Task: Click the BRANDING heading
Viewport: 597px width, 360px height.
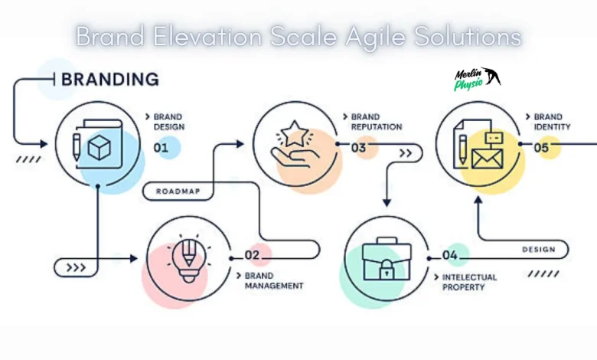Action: [x=109, y=79]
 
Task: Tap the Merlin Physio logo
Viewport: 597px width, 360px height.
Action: [x=476, y=79]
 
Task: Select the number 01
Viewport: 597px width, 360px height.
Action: [x=161, y=148]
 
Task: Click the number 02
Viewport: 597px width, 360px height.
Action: [x=253, y=255]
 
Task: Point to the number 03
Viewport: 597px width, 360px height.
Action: [x=358, y=148]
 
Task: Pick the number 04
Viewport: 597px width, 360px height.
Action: [x=450, y=255]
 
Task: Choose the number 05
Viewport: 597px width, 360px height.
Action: [x=541, y=148]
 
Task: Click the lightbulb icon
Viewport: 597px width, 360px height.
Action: [x=188, y=257]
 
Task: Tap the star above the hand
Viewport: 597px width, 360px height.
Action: [x=295, y=136]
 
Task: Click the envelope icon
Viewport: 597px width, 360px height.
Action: [x=485, y=159]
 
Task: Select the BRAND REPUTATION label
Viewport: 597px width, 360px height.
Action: [x=376, y=122]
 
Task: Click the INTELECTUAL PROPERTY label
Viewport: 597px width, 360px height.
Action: [x=469, y=282]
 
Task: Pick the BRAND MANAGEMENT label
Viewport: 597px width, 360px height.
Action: [x=273, y=280]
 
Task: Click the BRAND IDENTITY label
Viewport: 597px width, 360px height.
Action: [x=552, y=122]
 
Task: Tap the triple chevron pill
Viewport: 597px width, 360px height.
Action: [x=76, y=267]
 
